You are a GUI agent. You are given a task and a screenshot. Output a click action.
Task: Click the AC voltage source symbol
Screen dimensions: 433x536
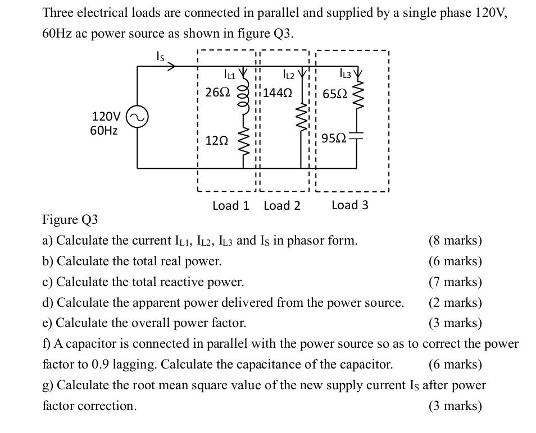click(137, 117)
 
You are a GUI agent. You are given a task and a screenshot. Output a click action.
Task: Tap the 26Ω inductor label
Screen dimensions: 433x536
click(217, 93)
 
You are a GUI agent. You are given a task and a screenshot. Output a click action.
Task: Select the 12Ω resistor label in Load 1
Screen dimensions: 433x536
click(217, 141)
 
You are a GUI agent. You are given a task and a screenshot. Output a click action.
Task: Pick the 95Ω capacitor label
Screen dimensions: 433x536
click(335, 137)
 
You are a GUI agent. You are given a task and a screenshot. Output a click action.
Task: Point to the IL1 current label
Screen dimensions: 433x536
click(230, 73)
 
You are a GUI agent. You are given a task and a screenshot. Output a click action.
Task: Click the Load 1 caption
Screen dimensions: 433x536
click(230, 205)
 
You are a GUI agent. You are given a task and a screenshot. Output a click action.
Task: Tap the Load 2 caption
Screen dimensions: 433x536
click(282, 205)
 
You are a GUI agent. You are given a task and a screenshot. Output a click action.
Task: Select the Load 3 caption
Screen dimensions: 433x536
click(350, 205)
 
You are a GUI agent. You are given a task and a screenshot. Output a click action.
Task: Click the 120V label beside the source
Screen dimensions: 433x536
click(106, 117)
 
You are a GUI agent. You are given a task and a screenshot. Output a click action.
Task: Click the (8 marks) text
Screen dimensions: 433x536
click(455, 241)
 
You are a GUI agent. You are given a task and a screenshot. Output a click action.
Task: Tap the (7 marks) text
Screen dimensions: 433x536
click(455, 282)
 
